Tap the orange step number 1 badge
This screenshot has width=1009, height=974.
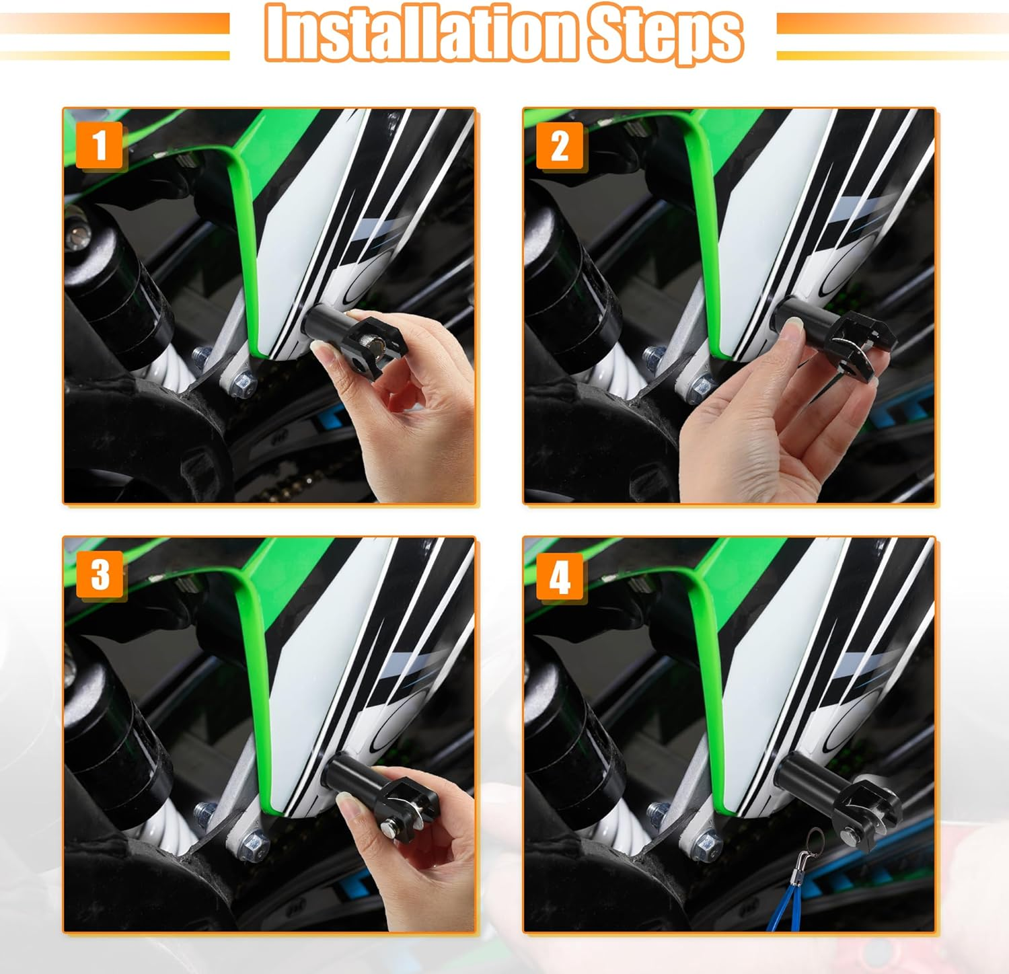tap(100, 145)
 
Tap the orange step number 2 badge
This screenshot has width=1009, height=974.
tap(560, 145)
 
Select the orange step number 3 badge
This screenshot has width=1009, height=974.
tap(100, 575)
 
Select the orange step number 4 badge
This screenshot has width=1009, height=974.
tap(560, 576)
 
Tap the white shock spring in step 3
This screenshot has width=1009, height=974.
tap(168, 831)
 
